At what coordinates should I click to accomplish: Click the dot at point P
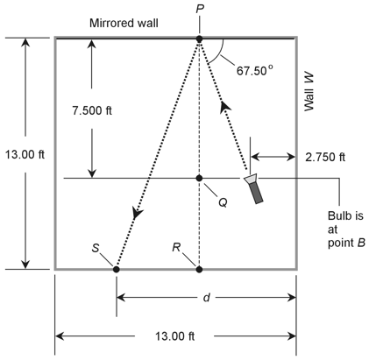tap(199, 39)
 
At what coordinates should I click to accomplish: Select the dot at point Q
tap(199, 178)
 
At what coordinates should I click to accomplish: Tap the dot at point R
tap(199, 269)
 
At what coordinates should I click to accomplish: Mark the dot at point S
tap(117, 269)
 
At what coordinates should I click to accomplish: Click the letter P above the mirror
tap(200, 10)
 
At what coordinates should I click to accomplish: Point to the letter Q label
tap(223, 202)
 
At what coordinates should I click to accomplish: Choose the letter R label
tap(176, 248)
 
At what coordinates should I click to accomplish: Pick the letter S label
tap(96, 248)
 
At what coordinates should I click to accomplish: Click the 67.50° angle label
tap(255, 70)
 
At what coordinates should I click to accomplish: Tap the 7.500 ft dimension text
tap(92, 110)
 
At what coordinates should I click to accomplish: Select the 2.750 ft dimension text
tap(325, 157)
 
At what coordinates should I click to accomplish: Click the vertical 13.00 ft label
tap(25, 154)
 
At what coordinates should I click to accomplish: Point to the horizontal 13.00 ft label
tap(174, 336)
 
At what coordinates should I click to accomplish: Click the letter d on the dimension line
tap(207, 298)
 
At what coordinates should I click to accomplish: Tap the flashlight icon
tap(254, 188)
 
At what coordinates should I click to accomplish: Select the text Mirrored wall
tap(124, 23)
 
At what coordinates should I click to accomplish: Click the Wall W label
tap(309, 92)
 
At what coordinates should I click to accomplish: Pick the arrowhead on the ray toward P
tap(225, 107)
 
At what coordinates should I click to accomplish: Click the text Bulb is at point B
tap(346, 229)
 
